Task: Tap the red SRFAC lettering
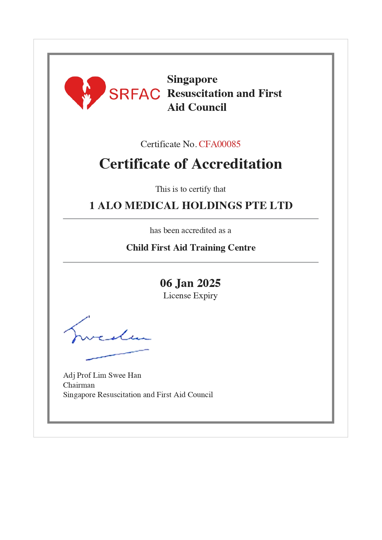point(135,94)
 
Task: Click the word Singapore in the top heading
point(192,79)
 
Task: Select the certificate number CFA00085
point(219,144)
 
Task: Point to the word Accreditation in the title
point(237,164)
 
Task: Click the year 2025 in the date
point(209,283)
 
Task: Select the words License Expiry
point(190,296)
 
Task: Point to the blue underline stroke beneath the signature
point(117,354)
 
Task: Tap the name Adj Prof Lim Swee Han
point(102,375)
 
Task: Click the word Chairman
point(79,385)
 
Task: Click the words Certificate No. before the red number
point(168,144)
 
